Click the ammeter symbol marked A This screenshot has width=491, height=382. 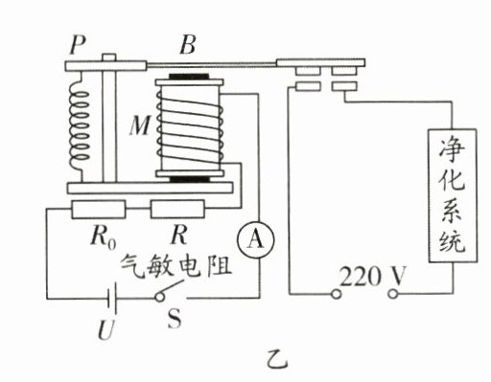255,239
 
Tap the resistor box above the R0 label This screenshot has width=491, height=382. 99,209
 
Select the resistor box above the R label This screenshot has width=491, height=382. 177,209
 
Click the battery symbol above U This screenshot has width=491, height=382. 112,299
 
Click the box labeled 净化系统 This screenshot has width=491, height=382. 453,195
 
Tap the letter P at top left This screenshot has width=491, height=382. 78,45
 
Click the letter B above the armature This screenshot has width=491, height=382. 188,45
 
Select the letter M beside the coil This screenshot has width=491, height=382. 140,125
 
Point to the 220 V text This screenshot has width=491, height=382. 372,277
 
